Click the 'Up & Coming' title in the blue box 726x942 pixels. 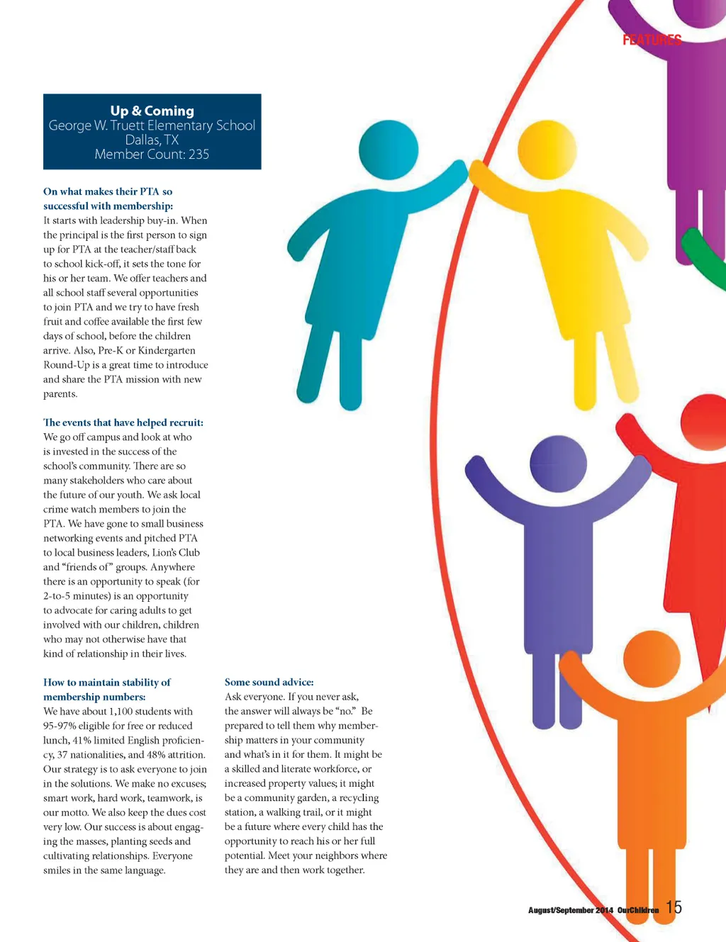click(152, 111)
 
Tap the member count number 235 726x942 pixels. click(199, 155)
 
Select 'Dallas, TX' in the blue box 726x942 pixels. click(152, 140)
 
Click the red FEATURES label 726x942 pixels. click(652, 40)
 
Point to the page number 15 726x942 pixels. click(674, 907)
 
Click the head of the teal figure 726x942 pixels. click(388, 150)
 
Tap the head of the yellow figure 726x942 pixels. click(547, 150)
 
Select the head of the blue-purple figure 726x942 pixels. click(558, 464)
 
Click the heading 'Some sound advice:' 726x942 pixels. click(269, 682)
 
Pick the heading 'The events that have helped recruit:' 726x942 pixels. click(123, 422)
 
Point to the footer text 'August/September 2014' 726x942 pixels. click(570, 910)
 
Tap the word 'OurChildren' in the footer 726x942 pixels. click(638, 910)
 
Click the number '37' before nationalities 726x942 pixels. click(64, 755)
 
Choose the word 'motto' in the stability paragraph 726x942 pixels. click(73, 812)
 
